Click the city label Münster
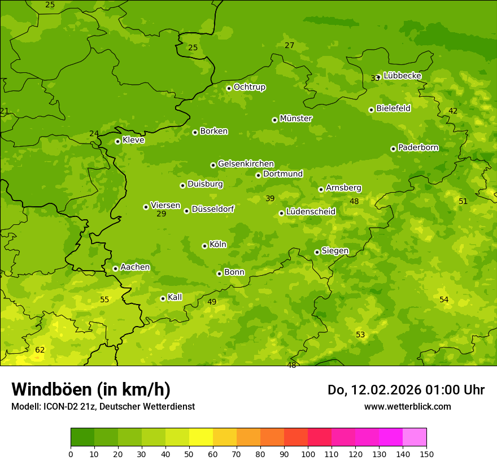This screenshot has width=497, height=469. point(296,119)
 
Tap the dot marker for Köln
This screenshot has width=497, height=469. point(204,246)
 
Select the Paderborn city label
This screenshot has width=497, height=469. point(418,147)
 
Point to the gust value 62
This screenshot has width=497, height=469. point(40,350)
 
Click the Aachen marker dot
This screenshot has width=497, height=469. point(115,268)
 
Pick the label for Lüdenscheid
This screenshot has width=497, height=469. point(311,212)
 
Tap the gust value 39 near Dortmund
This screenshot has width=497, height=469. point(270,198)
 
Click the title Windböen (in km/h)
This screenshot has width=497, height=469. point(91,389)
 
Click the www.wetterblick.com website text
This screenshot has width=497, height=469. point(407,407)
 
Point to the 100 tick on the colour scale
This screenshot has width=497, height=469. point(308,454)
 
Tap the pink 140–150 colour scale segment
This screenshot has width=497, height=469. point(415,437)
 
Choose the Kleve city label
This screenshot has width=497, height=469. point(133,140)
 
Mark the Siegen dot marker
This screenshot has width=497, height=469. point(317,252)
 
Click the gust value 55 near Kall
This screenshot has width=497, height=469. point(104,299)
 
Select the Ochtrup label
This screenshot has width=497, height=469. point(250,87)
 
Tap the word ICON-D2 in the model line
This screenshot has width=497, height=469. point(59,407)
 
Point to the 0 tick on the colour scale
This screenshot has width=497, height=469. point(71,454)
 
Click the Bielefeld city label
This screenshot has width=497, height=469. point(393,108)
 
